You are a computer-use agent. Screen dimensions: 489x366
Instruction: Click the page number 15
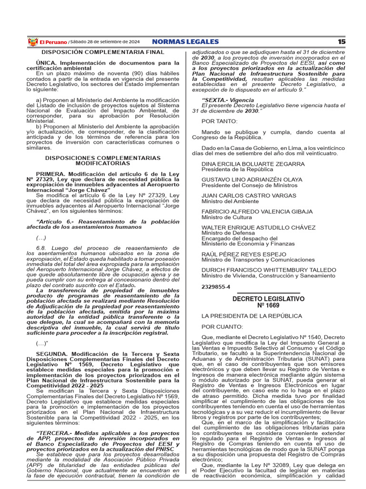(x=342, y=42)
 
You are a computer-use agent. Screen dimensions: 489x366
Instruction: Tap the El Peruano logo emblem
(x=33, y=42)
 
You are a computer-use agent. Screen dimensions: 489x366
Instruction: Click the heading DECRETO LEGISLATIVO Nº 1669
(x=268, y=302)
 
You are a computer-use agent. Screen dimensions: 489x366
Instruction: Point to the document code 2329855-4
(x=215, y=287)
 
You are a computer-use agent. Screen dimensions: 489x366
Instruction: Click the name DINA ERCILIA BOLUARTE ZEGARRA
(x=253, y=164)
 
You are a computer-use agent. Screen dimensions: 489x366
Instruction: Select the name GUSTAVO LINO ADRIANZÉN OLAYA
(x=252, y=180)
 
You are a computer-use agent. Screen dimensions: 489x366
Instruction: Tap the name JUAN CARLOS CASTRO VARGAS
(x=248, y=195)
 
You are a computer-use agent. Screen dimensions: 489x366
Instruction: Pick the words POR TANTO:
(x=218, y=121)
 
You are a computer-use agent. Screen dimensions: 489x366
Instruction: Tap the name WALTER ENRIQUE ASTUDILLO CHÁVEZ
(x=258, y=227)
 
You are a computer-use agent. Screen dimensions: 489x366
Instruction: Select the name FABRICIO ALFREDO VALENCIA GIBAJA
(x=257, y=211)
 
